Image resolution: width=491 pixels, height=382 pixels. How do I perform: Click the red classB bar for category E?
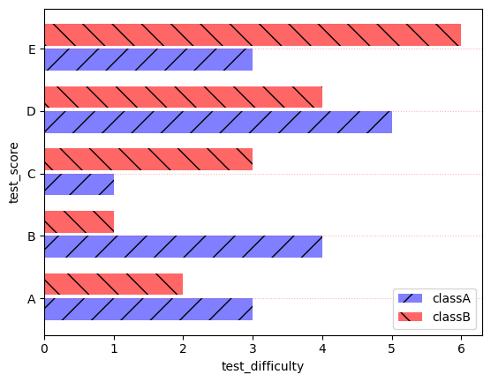pyautogui.click(x=252, y=34)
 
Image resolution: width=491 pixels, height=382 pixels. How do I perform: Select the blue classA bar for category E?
pyautogui.click(x=148, y=60)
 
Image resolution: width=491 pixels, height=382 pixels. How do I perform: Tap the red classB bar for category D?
pyautogui.click(x=183, y=97)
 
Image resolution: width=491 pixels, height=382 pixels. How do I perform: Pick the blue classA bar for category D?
pyautogui.click(x=217, y=122)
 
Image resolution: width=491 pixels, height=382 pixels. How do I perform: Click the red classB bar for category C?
pyautogui.click(x=148, y=159)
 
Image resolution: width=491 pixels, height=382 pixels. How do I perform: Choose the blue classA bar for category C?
pyautogui.click(x=79, y=184)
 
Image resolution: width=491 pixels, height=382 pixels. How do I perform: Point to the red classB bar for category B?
pyautogui.click(x=79, y=221)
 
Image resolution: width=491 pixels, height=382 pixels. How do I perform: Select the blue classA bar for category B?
pyautogui.click(x=183, y=246)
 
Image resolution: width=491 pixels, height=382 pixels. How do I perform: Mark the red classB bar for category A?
pyautogui.click(x=113, y=284)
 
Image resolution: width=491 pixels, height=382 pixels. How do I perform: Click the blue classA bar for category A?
pyautogui.click(x=148, y=309)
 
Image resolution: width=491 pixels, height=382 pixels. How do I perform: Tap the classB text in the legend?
pyautogui.click(x=449, y=316)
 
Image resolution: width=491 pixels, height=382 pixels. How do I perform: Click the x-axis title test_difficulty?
pyautogui.click(x=261, y=367)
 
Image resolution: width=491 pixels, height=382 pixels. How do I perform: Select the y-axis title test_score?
pyautogui.click(x=14, y=172)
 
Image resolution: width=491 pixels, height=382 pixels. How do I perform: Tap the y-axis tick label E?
pyautogui.click(x=32, y=49)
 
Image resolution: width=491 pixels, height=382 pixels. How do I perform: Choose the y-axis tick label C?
pyautogui.click(x=32, y=174)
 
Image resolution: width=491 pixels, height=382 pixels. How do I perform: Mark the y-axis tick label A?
pyautogui.click(x=32, y=299)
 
